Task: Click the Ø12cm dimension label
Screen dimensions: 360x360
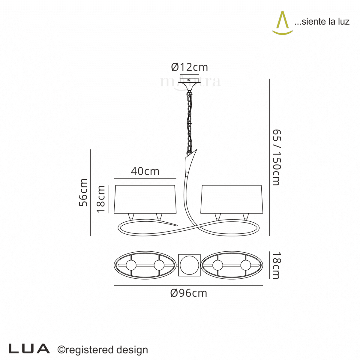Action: pos(189,67)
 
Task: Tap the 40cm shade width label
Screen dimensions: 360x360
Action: pos(145,171)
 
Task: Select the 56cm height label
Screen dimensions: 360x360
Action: pos(83,192)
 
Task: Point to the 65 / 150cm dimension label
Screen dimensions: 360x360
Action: pos(276,157)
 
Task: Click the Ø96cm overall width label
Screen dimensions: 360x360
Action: pos(189,293)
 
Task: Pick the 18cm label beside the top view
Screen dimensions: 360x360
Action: pos(276,265)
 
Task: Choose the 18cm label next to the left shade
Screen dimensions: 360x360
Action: pos(101,199)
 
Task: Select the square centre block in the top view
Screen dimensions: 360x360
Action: pos(189,265)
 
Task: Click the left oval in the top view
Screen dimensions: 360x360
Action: pos(145,265)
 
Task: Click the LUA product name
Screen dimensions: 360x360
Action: pos(29,349)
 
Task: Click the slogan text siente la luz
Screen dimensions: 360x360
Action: pos(322,22)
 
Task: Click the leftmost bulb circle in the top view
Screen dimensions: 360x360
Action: pos(131,265)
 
